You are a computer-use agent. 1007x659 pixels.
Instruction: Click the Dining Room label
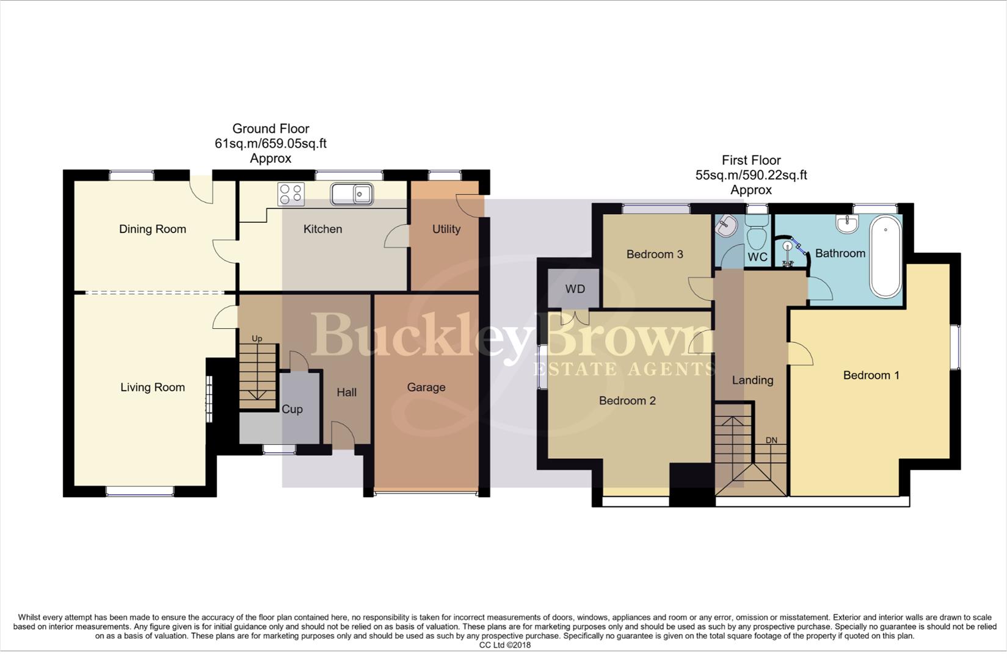(152, 229)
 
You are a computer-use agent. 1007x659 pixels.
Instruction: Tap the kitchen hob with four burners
(291, 194)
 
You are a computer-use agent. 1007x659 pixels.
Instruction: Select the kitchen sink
(352, 194)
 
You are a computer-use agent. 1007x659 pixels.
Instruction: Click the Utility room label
(446, 229)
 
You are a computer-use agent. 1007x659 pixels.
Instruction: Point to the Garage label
(426, 387)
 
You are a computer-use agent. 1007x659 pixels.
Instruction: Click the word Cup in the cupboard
(292, 409)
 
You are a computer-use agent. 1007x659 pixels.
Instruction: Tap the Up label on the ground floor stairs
(257, 339)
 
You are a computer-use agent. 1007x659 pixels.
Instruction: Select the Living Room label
(152, 387)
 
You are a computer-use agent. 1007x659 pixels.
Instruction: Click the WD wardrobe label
(575, 289)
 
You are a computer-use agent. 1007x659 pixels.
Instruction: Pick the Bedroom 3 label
(654, 254)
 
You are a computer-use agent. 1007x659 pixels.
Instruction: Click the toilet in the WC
(758, 232)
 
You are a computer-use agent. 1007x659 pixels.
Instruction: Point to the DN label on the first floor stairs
(771, 441)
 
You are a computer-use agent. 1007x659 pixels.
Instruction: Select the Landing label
(752, 380)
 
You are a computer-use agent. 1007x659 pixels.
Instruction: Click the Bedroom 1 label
(871, 375)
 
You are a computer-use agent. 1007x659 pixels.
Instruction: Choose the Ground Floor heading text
(271, 129)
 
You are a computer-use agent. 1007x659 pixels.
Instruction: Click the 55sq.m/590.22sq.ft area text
(751, 175)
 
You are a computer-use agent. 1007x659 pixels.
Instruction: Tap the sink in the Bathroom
(848, 224)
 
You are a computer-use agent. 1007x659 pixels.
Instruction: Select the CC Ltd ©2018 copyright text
(504, 645)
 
